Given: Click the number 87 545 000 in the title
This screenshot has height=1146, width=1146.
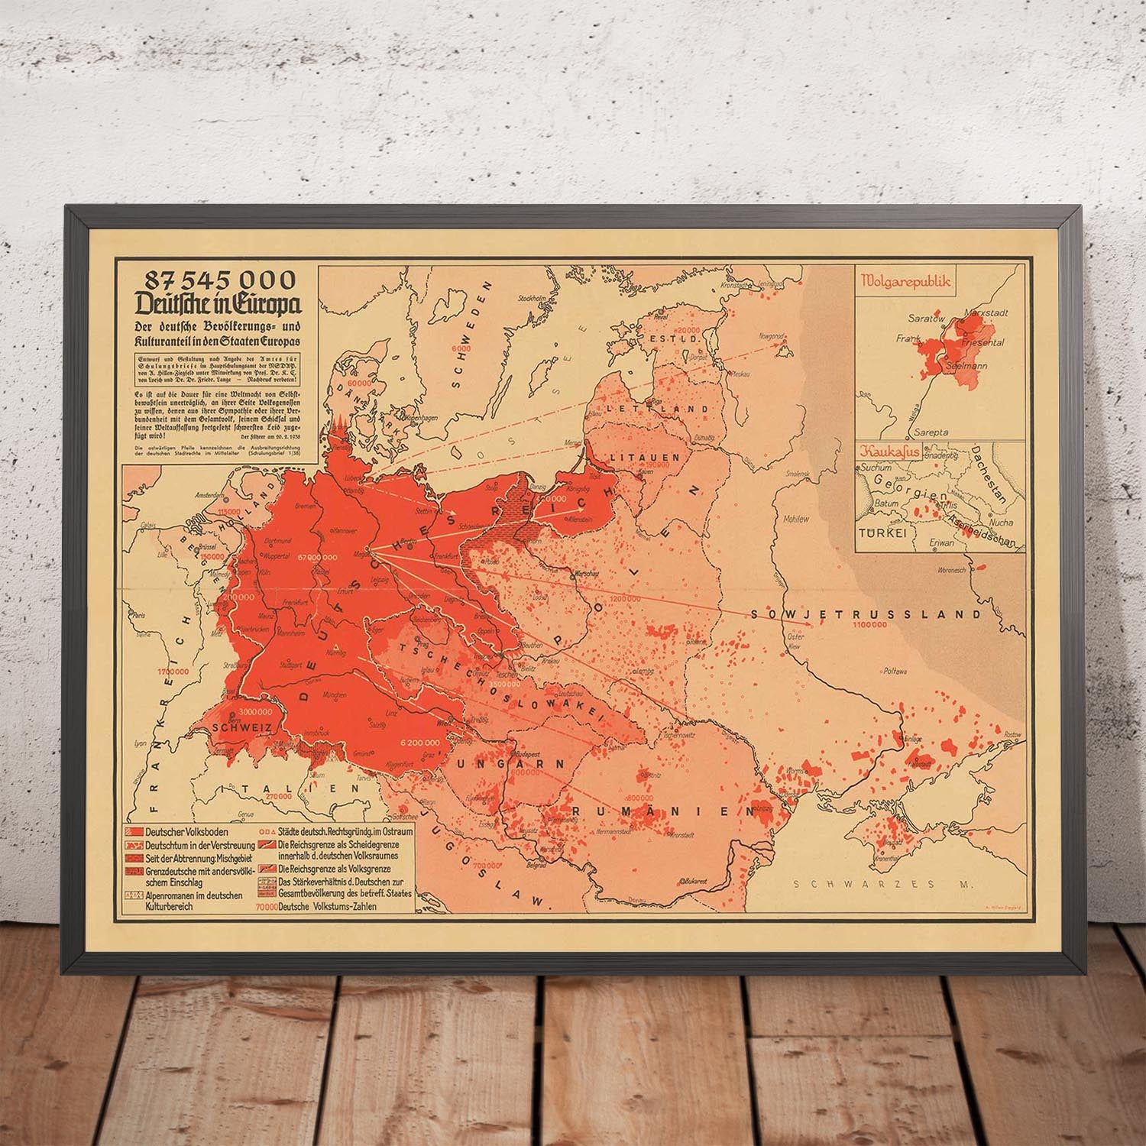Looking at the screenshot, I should pyautogui.click(x=215, y=279).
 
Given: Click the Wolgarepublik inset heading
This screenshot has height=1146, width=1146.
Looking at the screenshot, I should pyautogui.click(x=905, y=281).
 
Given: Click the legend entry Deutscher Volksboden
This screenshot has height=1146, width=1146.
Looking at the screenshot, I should pyautogui.click(x=181, y=831).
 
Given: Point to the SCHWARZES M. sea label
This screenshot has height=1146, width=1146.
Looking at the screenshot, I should pyautogui.click(x=884, y=885).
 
